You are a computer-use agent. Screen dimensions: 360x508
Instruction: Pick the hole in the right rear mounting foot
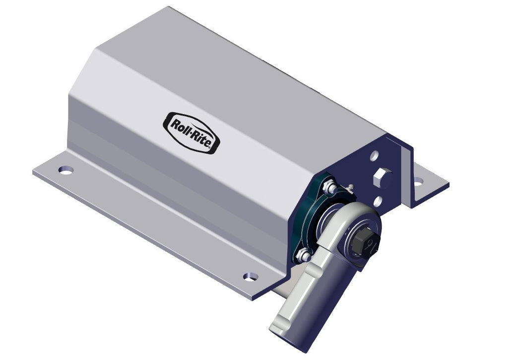[419, 181]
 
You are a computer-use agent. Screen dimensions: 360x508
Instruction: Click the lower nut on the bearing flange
[304, 256]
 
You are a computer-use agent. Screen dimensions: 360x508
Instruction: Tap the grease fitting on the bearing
[350, 187]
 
